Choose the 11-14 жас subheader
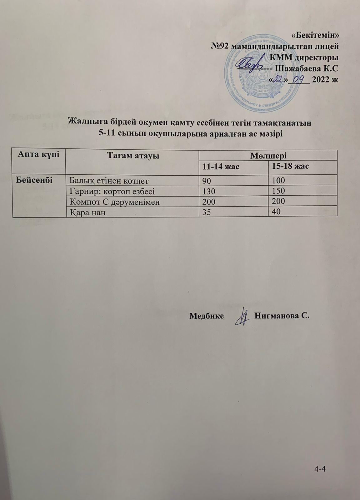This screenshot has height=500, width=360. [221, 166]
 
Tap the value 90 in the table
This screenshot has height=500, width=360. [207, 180]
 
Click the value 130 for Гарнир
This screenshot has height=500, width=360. [209, 191]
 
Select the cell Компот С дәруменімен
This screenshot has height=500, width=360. [114, 202]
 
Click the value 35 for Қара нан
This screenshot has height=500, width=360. [207, 212]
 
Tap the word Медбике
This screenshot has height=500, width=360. [207, 316]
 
